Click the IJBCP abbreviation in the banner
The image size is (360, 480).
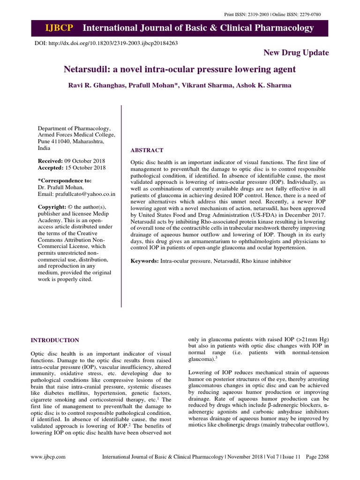pos(59,28)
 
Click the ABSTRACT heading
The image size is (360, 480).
pos(147,150)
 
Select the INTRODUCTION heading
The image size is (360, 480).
pos(55,340)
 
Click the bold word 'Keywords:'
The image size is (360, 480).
pos(145,260)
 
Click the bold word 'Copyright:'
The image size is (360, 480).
pos(52,207)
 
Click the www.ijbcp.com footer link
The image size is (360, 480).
pos(48,456)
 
